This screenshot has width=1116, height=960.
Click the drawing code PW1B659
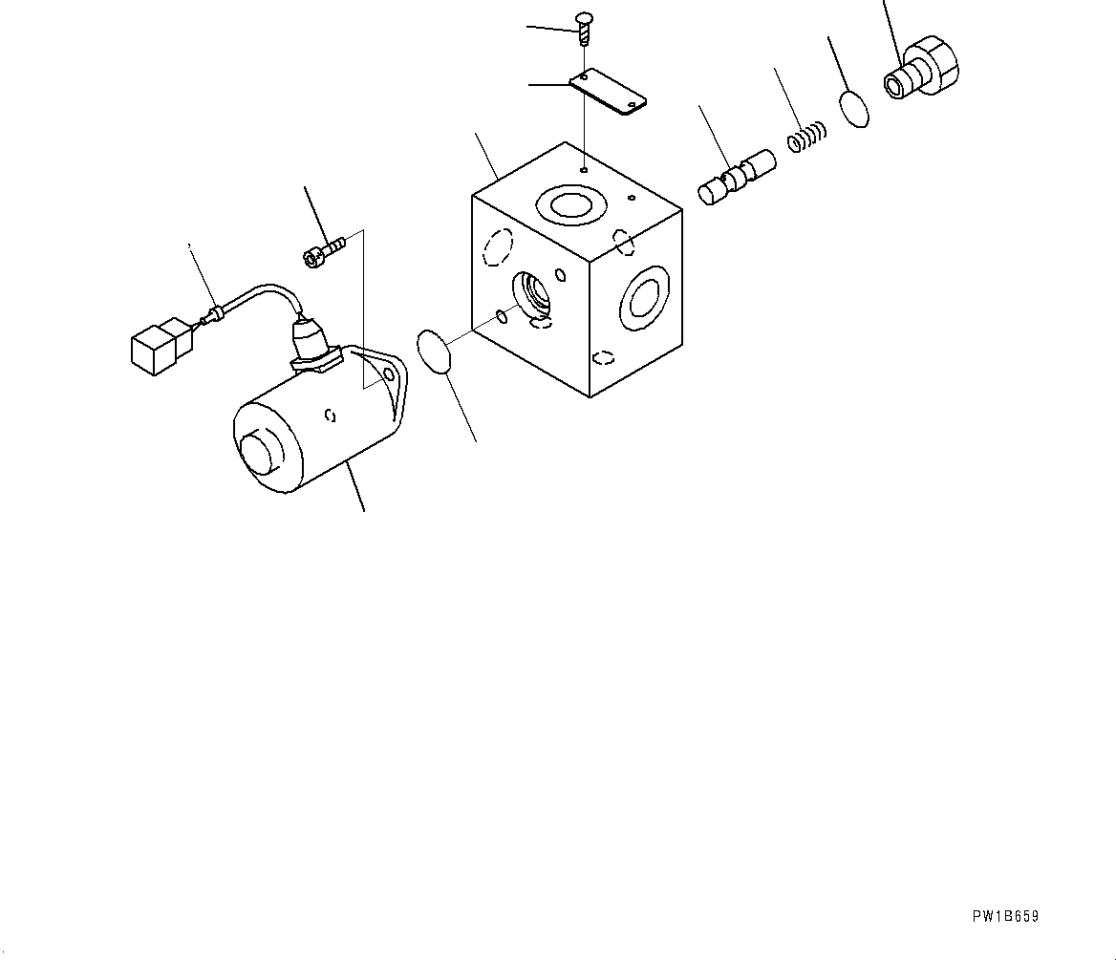(x=1005, y=916)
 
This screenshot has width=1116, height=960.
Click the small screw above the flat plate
(x=584, y=28)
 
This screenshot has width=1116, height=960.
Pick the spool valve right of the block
(x=736, y=177)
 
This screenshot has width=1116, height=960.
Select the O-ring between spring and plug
(x=856, y=108)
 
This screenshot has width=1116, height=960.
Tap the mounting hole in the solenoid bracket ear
(x=389, y=376)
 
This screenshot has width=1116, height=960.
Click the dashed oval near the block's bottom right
(x=603, y=358)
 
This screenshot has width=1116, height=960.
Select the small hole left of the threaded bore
(x=502, y=316)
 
